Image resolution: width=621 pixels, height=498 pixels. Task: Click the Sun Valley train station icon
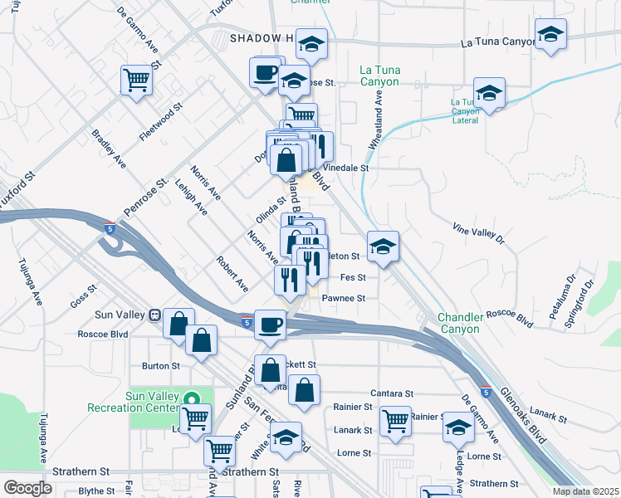[x=154, y=315]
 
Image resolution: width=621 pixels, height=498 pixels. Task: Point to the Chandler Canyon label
[x=459, y=323]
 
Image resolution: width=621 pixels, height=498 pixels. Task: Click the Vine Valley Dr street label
[x=478, y=233]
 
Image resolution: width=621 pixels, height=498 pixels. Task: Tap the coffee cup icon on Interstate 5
[x=269, y=323]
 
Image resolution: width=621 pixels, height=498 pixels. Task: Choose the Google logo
[x=27, y=487]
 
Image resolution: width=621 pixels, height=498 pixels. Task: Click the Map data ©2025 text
[x=585, y=491]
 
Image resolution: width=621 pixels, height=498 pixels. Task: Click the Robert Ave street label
[x=232, y=273]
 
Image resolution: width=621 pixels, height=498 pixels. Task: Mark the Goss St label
[x=84, y=296]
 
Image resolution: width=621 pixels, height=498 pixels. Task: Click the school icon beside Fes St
[x=383, y=247]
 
